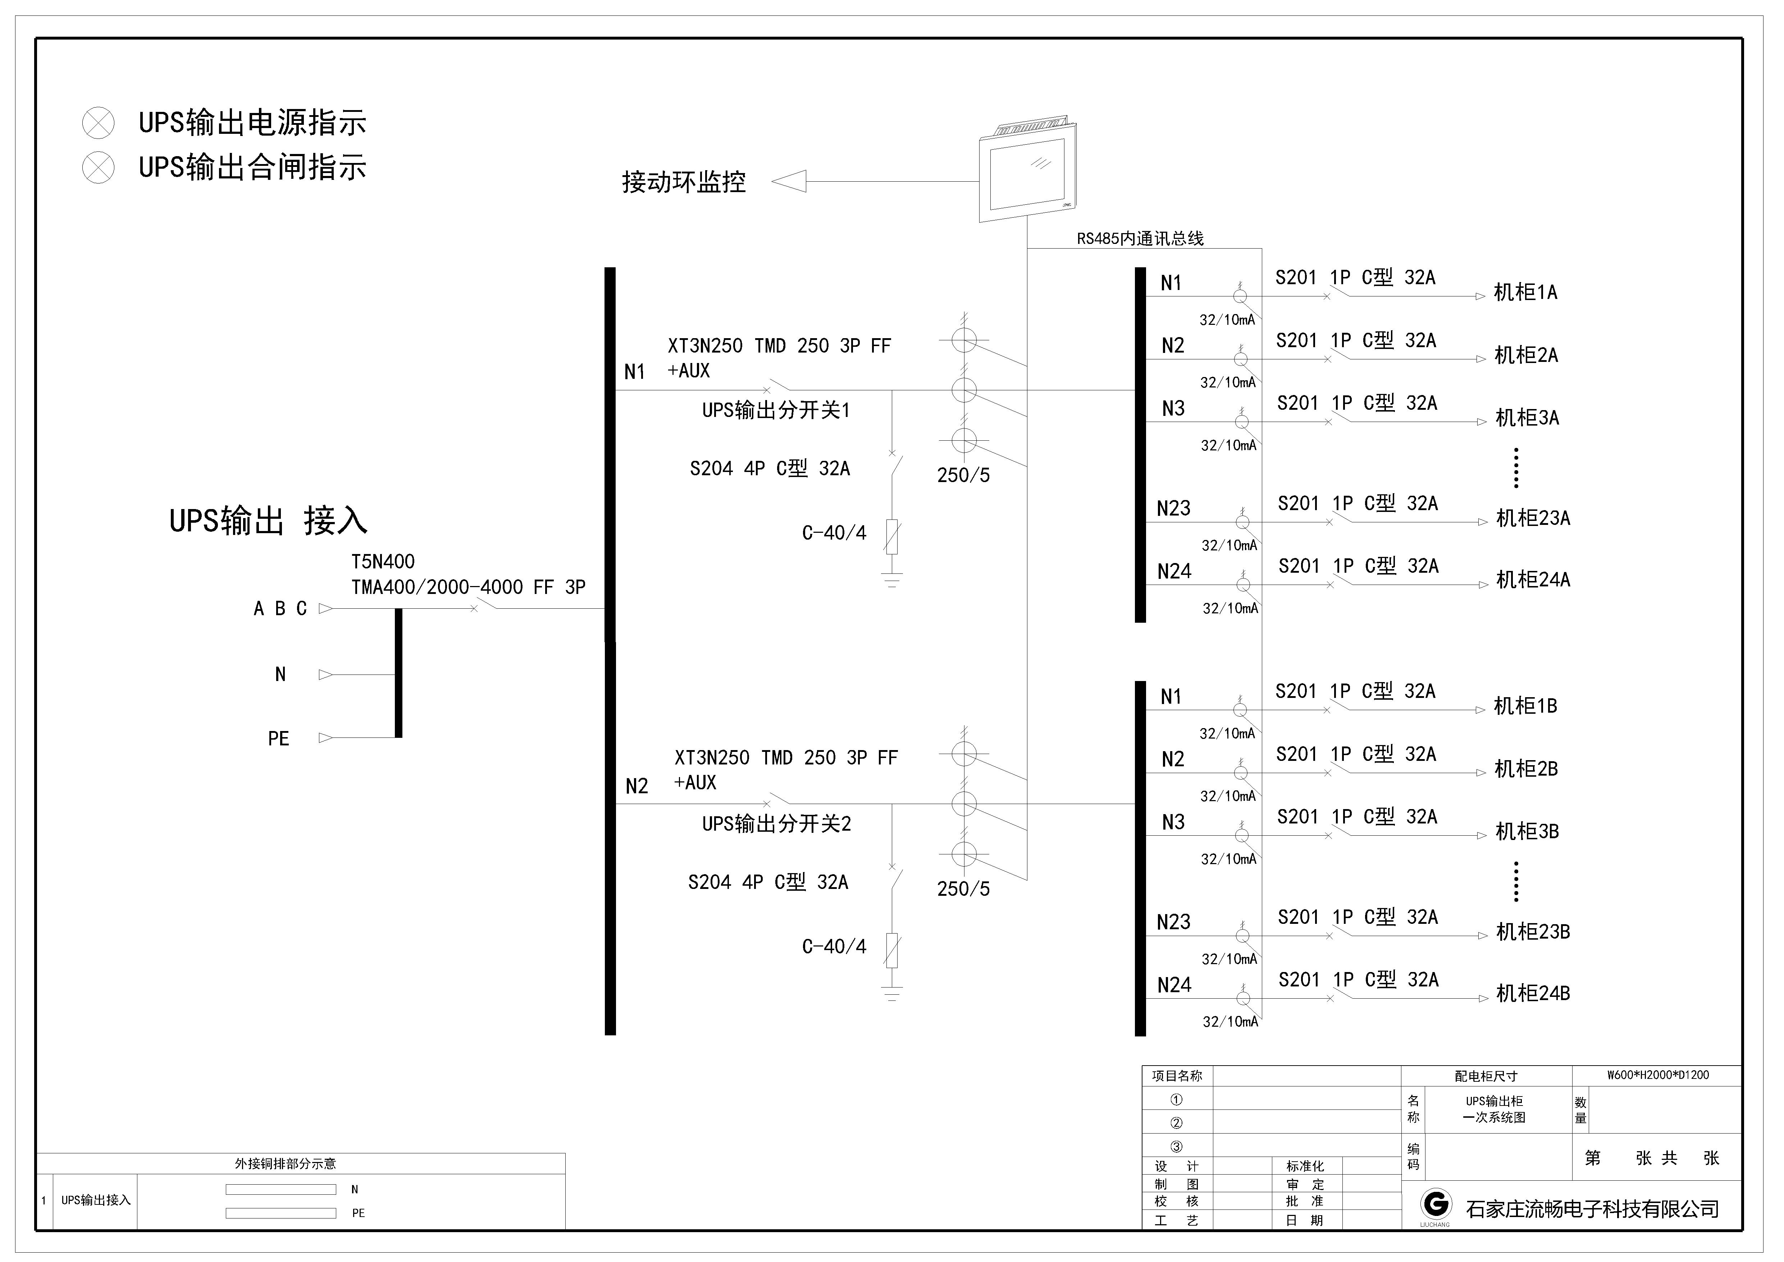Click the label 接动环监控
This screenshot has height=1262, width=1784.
point(684,182)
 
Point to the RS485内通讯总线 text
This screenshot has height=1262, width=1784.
point(1140,239)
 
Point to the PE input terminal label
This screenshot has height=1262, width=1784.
point(278,738)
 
